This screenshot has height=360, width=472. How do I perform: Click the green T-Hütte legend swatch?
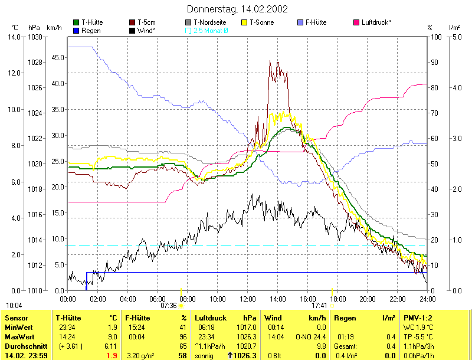[x=76, y=22]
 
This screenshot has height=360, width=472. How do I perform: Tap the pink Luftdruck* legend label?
[x=376, y=22]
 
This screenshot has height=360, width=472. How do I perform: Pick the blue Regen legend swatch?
[x=76, y=30]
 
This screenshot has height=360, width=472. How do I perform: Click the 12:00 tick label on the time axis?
[x=248, y=298]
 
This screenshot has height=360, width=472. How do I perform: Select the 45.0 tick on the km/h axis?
[x=56, y=58]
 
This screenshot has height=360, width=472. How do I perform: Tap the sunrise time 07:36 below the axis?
[x=169, y=305]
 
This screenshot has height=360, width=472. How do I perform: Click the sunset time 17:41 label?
[x=319, y=305]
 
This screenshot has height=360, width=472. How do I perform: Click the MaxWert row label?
[x=18, y=337]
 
